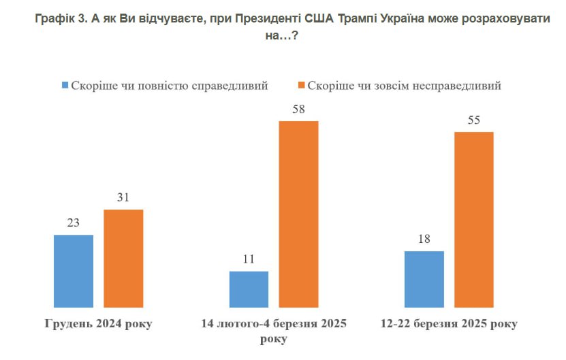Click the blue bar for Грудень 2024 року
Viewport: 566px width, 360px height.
tap(73, 271)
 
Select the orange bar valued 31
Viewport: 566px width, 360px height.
tap(123, 259)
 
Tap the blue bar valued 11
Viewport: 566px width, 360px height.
tap(249, 289)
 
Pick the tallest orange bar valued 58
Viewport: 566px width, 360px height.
tap(298, 214)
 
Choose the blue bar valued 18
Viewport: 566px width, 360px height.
tap(424, 279)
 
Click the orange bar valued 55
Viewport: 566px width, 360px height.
tap(473, 219)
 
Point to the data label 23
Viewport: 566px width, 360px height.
tap(73, 223)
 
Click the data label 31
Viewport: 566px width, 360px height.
tap(123, 197)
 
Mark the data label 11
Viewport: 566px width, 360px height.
tap(249, 259)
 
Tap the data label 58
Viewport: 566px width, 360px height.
tap(298, 109)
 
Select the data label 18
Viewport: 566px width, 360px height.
tap(424, 239)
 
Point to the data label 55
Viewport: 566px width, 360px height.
tap(473, 120)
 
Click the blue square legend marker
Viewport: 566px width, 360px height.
tap(65, 86)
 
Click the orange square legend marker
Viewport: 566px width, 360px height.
tap(302, 86)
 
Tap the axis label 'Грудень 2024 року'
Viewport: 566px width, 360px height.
tap(98, 324)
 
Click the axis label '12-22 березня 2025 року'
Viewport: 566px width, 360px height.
tap(449, 324)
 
